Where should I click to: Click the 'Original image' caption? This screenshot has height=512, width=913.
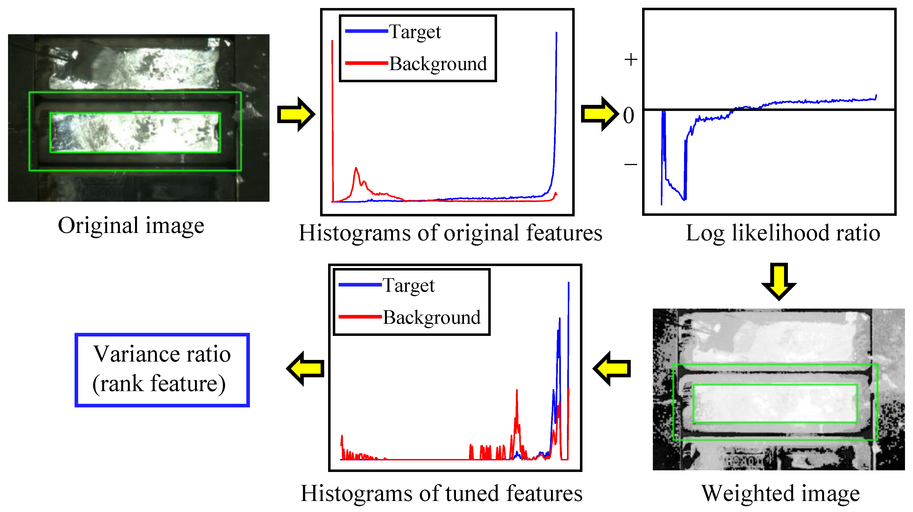[x=131, y=226]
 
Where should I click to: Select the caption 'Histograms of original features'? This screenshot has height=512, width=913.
[x=450, y=233]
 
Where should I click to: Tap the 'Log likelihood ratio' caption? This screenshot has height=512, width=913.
[x=783, y=233]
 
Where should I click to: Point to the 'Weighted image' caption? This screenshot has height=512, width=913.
[x=780, y=493]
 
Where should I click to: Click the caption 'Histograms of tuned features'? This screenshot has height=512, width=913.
[x=441, y=493]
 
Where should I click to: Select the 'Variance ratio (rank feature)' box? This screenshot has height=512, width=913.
[x=162, y=370]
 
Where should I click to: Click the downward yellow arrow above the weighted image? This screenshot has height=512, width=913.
[x=779, y=281]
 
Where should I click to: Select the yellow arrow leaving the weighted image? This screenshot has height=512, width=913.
[x=612, y=368]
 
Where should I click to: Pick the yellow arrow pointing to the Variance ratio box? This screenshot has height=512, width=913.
[x=305, y=368]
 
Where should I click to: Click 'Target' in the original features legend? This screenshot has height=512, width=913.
[x=415, y=32]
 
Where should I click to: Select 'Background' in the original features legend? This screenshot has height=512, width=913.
[x=438, y=64]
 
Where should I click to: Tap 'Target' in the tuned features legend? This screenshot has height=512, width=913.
[x=409, y=286]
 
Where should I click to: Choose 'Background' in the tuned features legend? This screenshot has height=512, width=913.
[x=432, y=317]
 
